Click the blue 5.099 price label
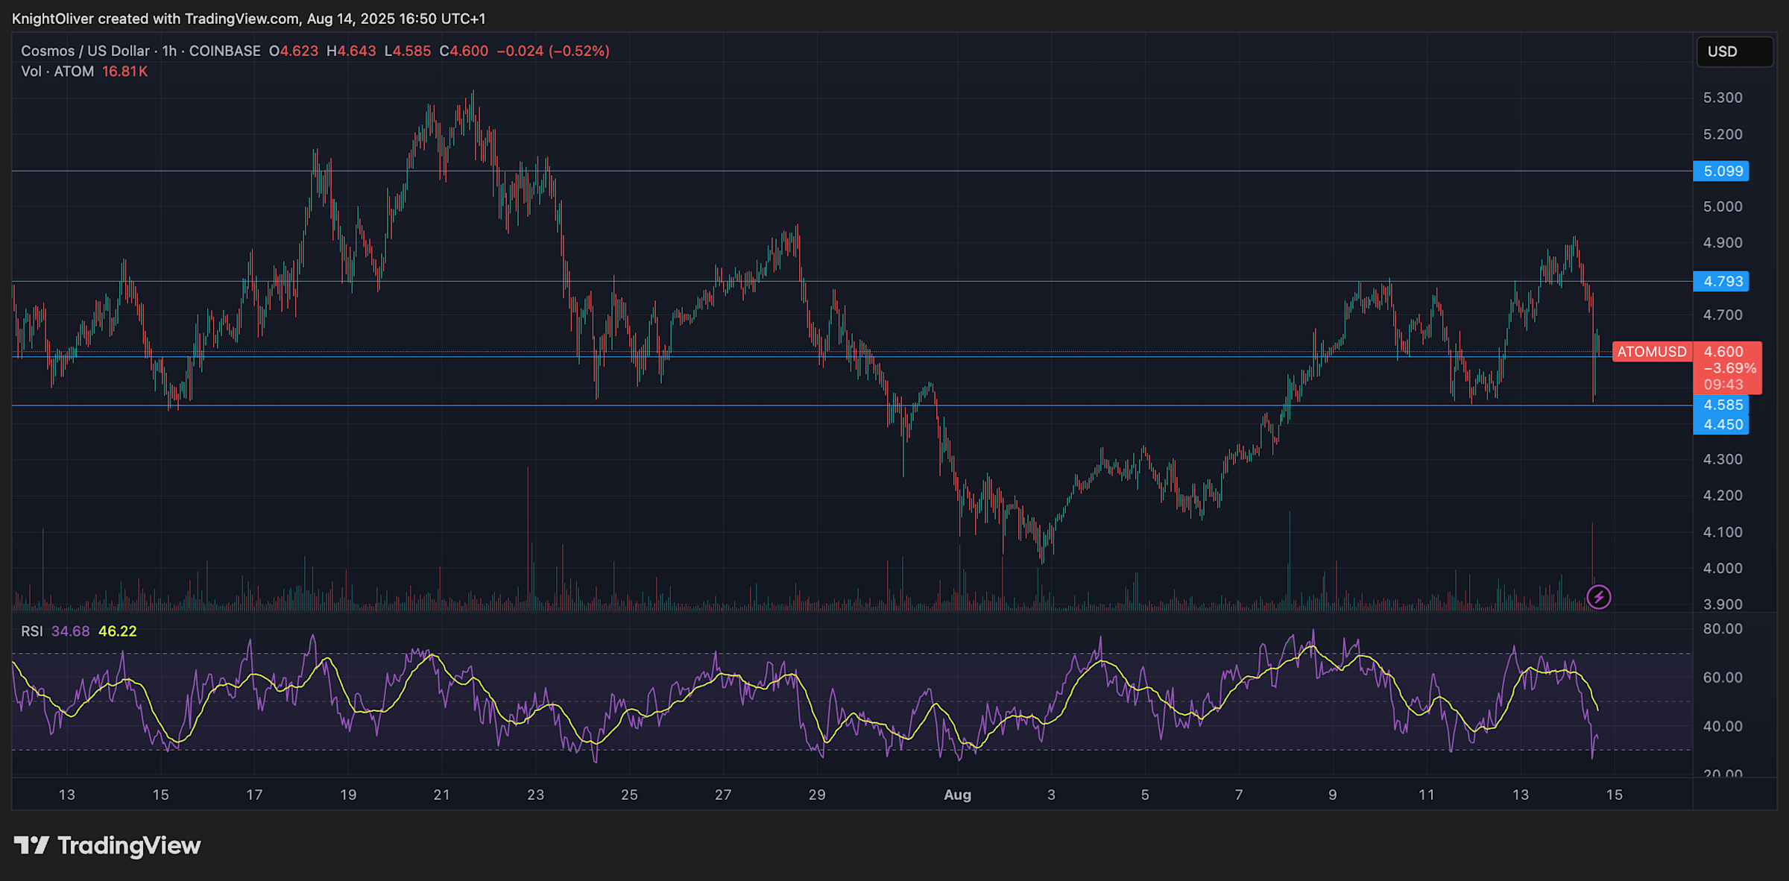(x=1722, y=171)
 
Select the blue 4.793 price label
(x=1722, y=282)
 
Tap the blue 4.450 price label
(x=1722, y=425)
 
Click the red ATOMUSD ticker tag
(x=1651, y=352)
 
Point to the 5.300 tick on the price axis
(x=1723, y=98)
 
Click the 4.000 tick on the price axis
(x=1723, y=568)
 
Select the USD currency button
(x=1734, y=51)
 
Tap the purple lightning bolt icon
(x=1598, y=597)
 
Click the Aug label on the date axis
(x=957, y=795)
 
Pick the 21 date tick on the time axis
(x=441, y=795)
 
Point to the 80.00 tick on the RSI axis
(x=1723, y=629)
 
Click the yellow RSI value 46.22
(x=118, y=631)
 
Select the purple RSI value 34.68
(x=70, y=631)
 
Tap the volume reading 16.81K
(x=124, y=72)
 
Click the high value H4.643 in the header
(x=351, y=51)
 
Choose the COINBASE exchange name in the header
(x=224, y=51)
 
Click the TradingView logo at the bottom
(x=107, y=845)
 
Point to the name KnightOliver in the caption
(x=52, y=19)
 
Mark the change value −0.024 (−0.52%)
(x=553, y=51)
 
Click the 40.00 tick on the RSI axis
(x=1723, y=726)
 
